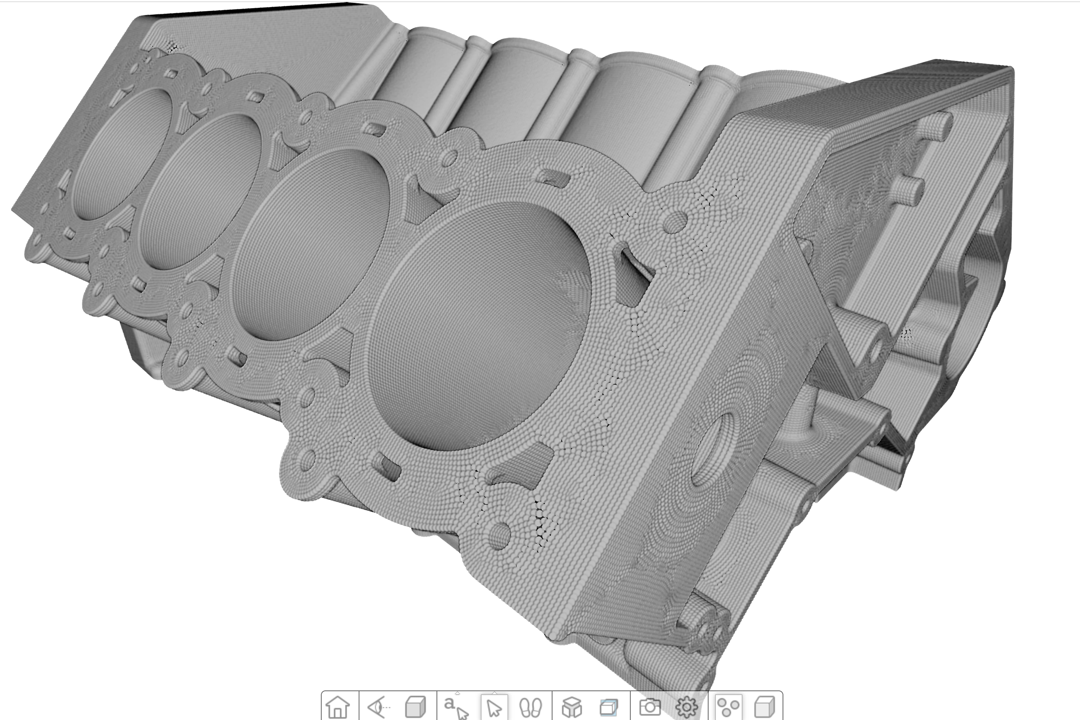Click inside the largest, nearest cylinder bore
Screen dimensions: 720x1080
pyautogui.click(x=478, y=326)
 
